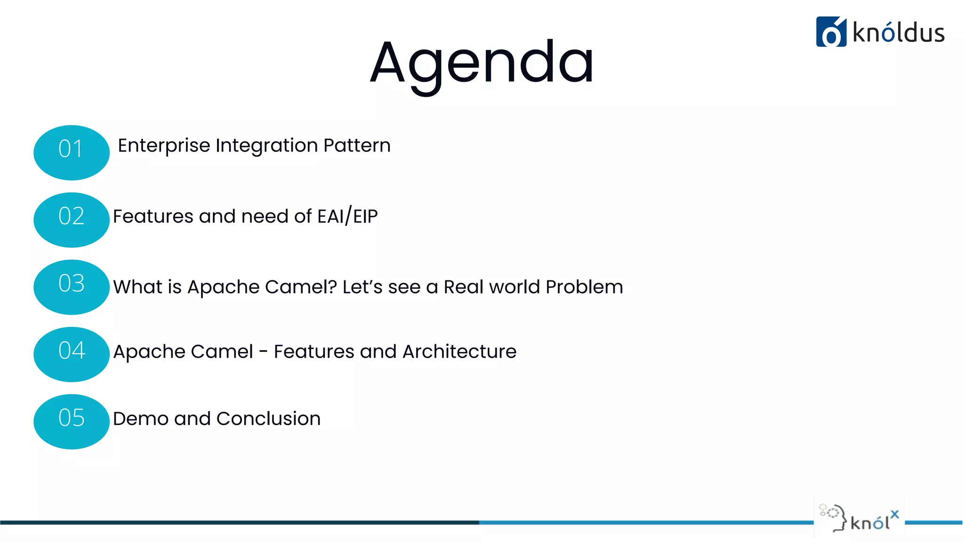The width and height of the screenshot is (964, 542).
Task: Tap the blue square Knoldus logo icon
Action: pyautogui.click(x=831, y=32)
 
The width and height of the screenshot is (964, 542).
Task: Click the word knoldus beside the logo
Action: pyautogui.click(x=898, y=33)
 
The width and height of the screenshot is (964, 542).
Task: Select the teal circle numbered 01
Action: pyautogui.click(x=72, y=152)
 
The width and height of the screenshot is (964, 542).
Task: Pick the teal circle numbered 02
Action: pyautogui.click(x=72, y=220)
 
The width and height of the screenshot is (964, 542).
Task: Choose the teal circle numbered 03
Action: pyautogui.click(x=72, y=287)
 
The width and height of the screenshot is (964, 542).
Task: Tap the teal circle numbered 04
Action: pyautogui.click(x=72, y=354)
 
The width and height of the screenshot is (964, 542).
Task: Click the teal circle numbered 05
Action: pyautogui.click(x=72, y=422)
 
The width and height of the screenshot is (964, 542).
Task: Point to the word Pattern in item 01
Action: pyautogui.click(x=357, y=145)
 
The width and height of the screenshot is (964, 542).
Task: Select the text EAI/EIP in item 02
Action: pyautogui.click(x=347, y=216)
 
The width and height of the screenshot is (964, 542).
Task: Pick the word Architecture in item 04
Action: pyautogui.click(x=459, y=351)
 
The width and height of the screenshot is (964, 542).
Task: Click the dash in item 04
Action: pyautogui.click(x=264, y=351)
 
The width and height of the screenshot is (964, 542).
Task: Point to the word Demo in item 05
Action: pyautogui.click(x=140, y=418)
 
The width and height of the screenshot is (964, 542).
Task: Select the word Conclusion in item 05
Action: pyautogui.click(x=268, y=418)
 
